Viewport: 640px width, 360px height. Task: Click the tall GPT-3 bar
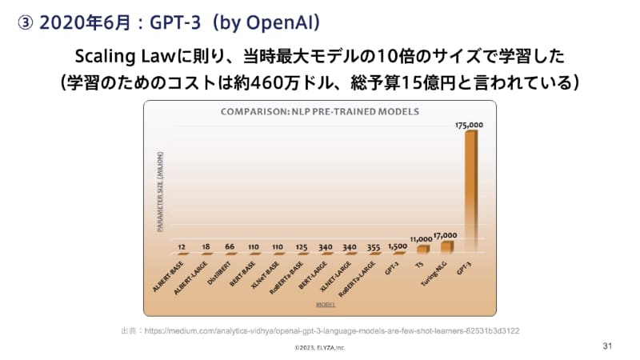[471, 192]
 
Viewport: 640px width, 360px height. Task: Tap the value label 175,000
[469, 126]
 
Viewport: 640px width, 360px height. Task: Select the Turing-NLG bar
[446, 246]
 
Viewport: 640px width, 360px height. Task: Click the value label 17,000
[445, 235]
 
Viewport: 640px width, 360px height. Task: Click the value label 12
[183, 247]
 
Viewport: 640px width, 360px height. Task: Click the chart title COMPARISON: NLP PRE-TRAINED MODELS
[319, 111]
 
